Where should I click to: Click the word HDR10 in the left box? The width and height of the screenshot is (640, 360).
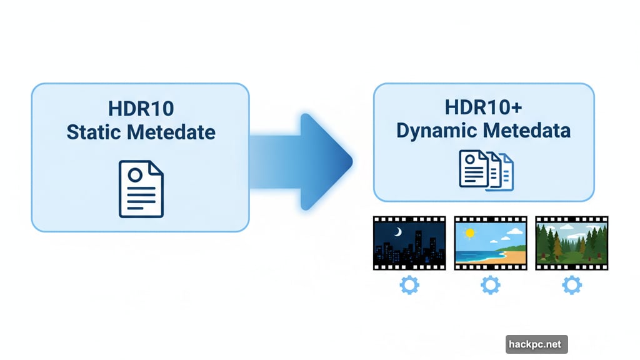pos(141,109)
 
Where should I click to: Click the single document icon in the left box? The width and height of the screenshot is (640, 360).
pos(141,189)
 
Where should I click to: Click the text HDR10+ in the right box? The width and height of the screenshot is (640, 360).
pos(483,107)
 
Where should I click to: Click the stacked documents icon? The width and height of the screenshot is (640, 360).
pos(486,169)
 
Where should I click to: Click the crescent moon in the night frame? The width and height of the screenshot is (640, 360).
pos(398,232)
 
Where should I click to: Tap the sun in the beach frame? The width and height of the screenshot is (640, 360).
pos(470,233)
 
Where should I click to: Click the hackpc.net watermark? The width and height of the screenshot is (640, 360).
pos(536,344)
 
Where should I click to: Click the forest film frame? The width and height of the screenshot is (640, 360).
pos(572,244)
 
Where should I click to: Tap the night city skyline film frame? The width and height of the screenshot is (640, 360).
pos(409,244)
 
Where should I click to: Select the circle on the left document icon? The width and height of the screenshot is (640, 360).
pos(134,176)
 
